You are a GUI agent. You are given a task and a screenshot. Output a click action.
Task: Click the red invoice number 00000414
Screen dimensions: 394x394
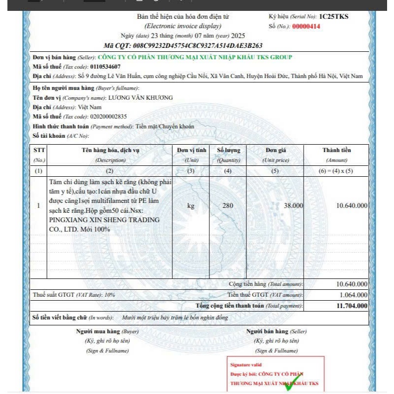click(306, 26)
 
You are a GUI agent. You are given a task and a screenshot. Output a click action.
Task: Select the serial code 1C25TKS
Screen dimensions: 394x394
click(334, 16)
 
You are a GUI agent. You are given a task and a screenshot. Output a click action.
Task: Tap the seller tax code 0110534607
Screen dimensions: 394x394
click(105, 66)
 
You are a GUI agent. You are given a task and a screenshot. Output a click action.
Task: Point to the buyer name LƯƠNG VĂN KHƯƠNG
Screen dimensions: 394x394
click(141, 98)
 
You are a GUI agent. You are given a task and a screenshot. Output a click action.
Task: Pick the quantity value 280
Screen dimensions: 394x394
click(228, 205)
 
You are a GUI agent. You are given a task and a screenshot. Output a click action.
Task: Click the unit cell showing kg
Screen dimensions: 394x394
click(191, 205)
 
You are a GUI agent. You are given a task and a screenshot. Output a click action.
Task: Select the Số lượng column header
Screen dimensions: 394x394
click(228, 150)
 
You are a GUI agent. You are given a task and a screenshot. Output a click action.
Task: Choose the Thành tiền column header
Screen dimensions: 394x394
click(337, 150)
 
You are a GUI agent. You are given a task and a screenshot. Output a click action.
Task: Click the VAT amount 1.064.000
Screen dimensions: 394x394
click(354, 295)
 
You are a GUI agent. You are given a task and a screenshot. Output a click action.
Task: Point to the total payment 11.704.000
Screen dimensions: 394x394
click(352, 306)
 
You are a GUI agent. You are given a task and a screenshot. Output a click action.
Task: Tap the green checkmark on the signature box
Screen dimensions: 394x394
click(292, 385)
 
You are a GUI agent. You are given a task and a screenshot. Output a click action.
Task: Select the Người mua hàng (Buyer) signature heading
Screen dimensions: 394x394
click(107, 331)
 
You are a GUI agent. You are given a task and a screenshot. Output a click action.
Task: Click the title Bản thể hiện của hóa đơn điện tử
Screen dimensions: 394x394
click(183, 17)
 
